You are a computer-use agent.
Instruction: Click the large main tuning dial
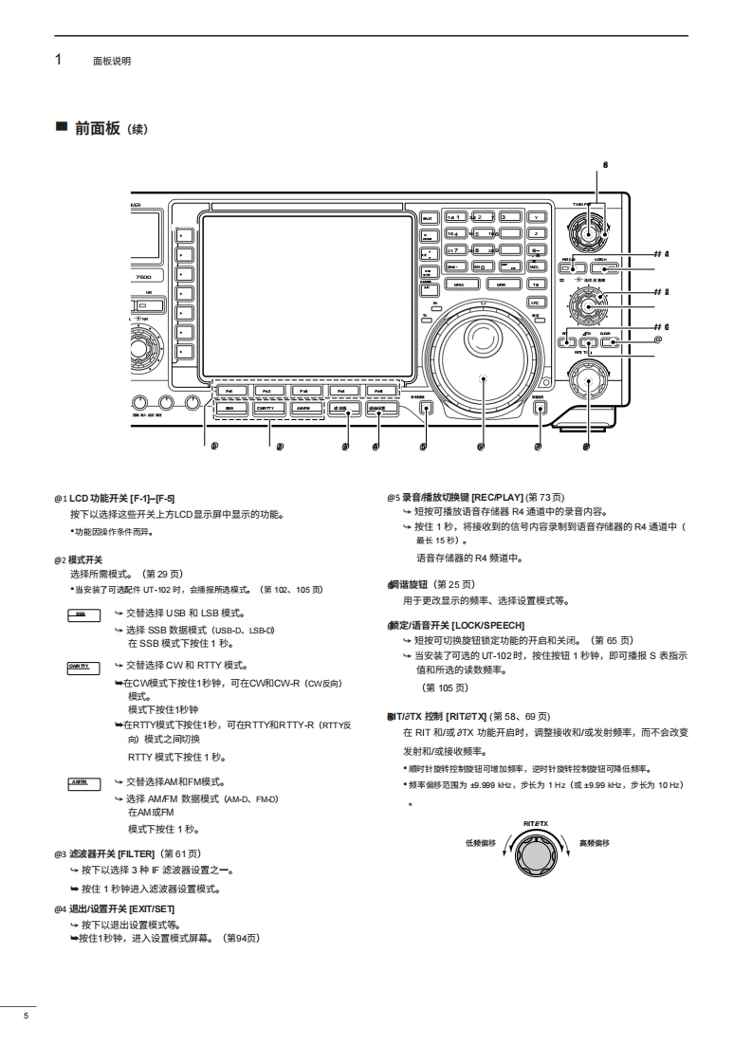tap(483, 378)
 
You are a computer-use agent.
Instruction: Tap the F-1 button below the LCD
tap(230, 390)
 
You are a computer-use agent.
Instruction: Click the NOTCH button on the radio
tap(602, 266)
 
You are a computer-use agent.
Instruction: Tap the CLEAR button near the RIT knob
tap(605, 343)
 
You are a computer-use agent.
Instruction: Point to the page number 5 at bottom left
tap(27, 1017)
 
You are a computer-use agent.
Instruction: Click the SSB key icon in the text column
tap(81, 615)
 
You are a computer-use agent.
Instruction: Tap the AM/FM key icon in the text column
tap(81, 783)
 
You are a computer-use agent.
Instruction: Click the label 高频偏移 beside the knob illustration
tap(595, 842)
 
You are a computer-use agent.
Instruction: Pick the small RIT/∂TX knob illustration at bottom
tap(536, 856)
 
